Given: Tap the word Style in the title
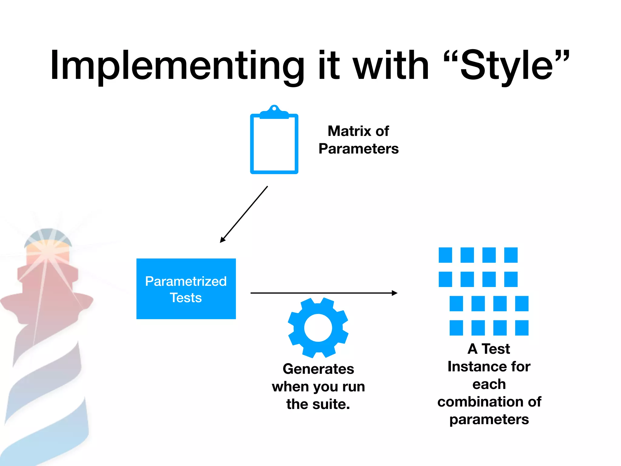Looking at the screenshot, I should (506, 66).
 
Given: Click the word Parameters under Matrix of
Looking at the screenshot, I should (358, 149).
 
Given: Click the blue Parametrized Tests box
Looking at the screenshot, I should (186, 289).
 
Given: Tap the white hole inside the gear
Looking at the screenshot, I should (318, 328).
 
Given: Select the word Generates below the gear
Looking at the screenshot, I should (318, 369).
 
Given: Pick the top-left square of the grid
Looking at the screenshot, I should (445, 255).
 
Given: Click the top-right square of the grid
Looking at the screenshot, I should (511, 255).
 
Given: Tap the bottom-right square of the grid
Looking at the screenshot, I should (522, 328).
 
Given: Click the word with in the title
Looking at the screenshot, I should (391, 66).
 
